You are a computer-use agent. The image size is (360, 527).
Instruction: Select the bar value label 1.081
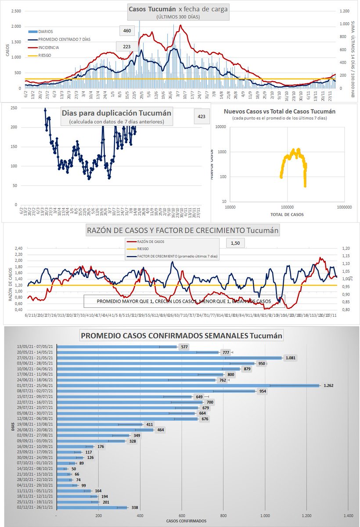pyautogui.click(x=291, y=358)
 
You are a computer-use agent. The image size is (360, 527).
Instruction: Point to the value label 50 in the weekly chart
pyautogui.click(x=74, y=469)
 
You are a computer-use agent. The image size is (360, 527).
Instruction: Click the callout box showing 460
pyautogui.click(x=127, y=31)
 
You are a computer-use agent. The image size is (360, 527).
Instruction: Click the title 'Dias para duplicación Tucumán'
pyautogui.click(x=116, y=113)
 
